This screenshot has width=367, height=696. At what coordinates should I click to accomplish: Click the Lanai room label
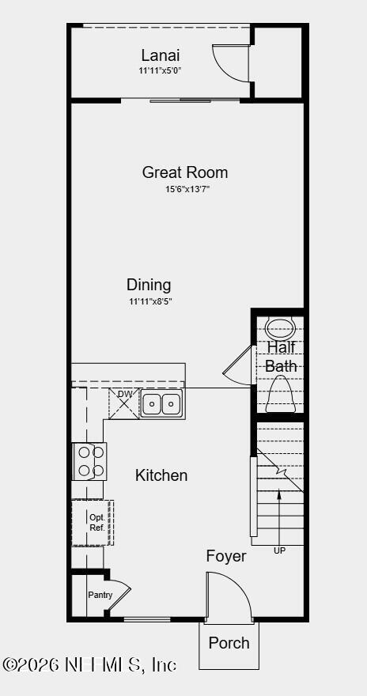point(161,55)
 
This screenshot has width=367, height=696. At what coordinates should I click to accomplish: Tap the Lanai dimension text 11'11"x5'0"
point(161,70)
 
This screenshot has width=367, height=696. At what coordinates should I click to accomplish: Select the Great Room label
point(185,172)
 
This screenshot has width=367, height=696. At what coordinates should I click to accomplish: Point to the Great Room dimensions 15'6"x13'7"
point(187,189)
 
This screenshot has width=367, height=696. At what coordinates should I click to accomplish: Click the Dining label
point(149,285)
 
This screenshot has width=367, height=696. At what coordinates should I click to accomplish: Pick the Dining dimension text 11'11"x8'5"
point(151,301)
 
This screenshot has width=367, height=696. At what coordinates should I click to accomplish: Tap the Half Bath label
point(281,357)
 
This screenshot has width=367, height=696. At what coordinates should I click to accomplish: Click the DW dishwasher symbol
point(124,403)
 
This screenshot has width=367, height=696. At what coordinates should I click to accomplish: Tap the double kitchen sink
point(161,403)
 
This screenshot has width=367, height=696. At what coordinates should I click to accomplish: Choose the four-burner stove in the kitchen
point(89,461)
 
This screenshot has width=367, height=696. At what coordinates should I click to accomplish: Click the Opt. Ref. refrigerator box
point(93,523)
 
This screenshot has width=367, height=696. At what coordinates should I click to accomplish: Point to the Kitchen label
point(161,475)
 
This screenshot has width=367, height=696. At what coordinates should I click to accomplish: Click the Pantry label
point(100,595)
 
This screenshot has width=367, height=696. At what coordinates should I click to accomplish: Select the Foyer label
point(226,556)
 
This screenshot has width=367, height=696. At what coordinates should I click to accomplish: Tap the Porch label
point(229,643)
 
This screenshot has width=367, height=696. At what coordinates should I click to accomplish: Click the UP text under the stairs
point(279,550)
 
